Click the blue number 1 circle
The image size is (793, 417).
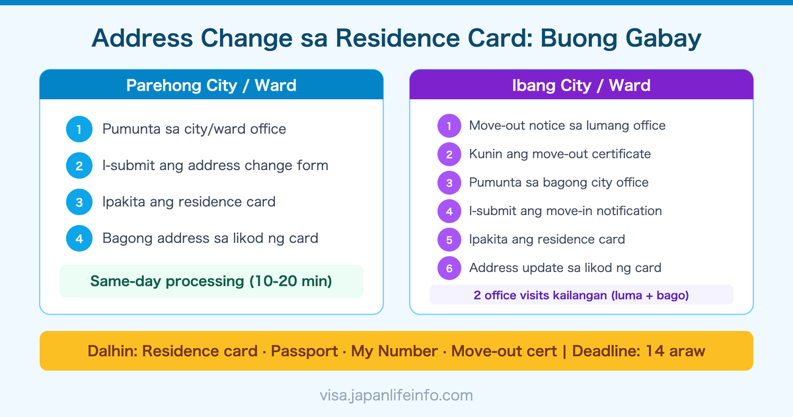pyautogui.click(x=79, y=129)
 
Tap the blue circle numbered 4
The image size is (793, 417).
pyautogui.click(x=79, y=238)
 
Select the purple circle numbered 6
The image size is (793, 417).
pyautogui.click(x=449, y=268)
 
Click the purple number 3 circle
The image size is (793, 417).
pyautogui.click(x=449, y=183)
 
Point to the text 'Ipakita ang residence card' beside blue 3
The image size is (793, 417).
pyautogui.click(x=188, y=202)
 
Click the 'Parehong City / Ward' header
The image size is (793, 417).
pyautogui.click(x=211, y=85)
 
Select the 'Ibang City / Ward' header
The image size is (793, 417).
pyautogui.click(x=582, y=85)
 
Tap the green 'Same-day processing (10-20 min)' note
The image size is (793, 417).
pyautogui.click(x=211, y=281)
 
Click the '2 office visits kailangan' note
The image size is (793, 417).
pyautogui.click(x=582, y=295)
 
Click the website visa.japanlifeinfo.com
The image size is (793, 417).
pyautogui.click(x=397, y=396)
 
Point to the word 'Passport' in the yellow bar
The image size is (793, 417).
pyautogui.click(x=303, y=351)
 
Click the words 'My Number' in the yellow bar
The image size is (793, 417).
pyautogui.click(x=395, y=351)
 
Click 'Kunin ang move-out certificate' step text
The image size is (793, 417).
pyautogui.click(x=560, y=154)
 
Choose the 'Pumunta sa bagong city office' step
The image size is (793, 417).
pyautogui.click(x=558, y=183)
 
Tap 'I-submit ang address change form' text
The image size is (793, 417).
pyautogui.click(x=215, y=165)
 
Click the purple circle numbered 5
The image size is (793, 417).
pyautogui.click(x=449, y=240)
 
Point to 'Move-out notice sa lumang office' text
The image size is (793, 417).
pyautogui.click(x=567, y=126)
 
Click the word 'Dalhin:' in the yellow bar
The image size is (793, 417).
pyautogui.click(x=112, y=351)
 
